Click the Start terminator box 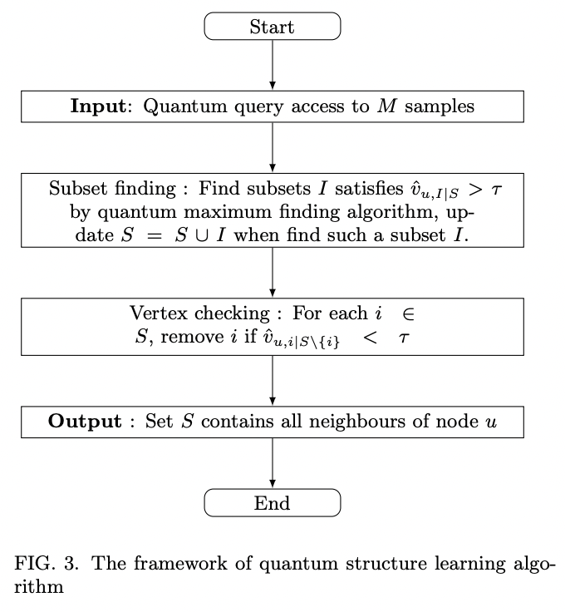pos(273,27)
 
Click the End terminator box pos(273,503)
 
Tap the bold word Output pos(85,422)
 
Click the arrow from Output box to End pos(273,463)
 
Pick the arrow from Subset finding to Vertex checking pos(273,272)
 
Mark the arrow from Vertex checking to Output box pos(273,381)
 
